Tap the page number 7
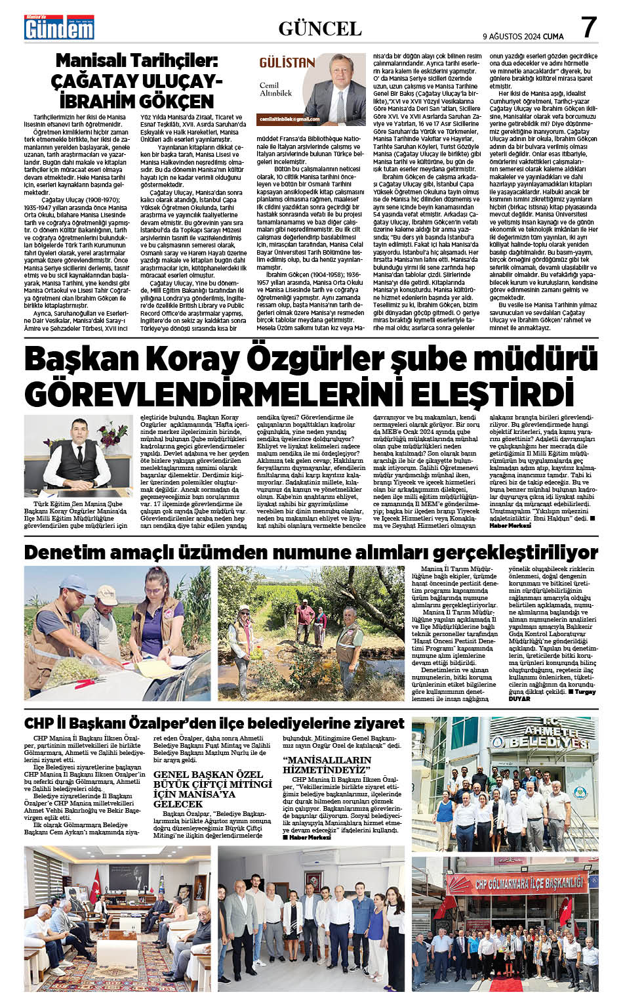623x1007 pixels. click(x=588, y=27)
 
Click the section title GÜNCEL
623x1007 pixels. click(x=319, y=28)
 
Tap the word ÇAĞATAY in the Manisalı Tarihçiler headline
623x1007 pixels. click(x=96, y=81)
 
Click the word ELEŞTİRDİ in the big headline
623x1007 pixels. click(x=485, y=394)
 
